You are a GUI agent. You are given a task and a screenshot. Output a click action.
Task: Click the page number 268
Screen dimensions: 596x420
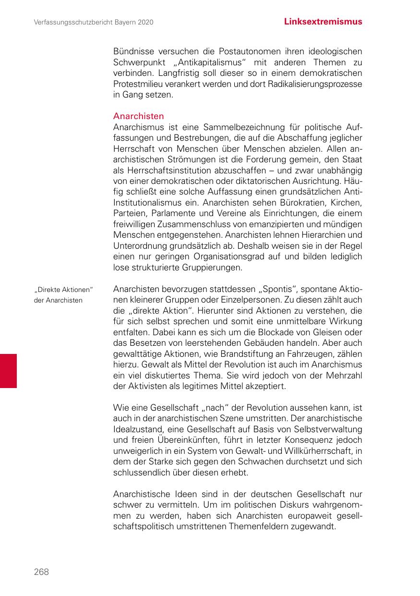click(x=41, y=572)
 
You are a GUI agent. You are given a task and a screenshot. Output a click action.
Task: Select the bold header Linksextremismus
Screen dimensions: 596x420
click(x=323, y=22)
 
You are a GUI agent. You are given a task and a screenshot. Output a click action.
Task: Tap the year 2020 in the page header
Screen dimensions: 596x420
click(x=145, y=22)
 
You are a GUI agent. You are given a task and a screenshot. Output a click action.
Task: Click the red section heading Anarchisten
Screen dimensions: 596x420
click(x=138, y=116)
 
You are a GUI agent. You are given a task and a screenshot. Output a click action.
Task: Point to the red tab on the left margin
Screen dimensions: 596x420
click(x=8, y=371)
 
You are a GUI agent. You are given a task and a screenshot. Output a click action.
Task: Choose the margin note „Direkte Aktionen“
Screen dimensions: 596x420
click(x=63, y=290)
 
